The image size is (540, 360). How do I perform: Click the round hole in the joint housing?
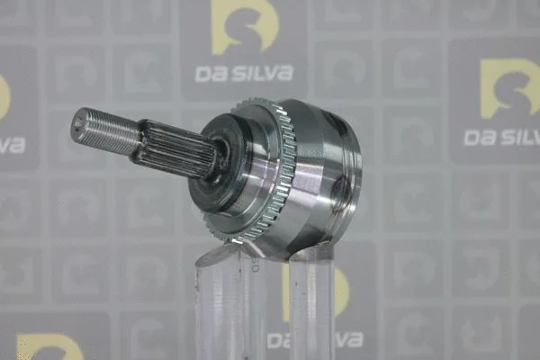340,191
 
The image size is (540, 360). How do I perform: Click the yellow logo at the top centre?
244,27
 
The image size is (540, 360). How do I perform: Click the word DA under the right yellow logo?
478,137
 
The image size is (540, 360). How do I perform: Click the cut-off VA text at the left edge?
11,145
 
